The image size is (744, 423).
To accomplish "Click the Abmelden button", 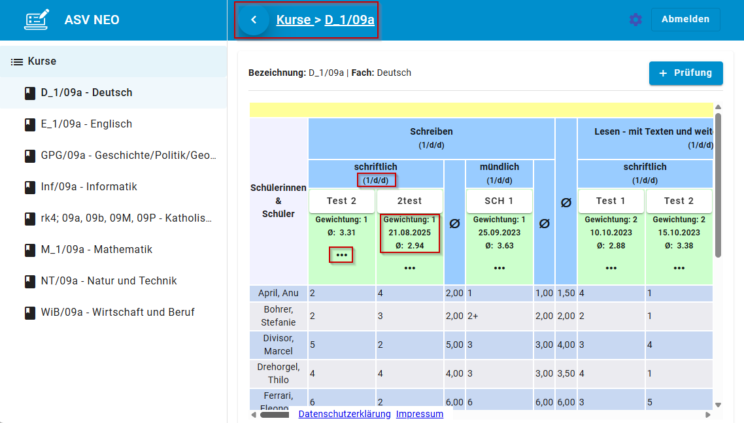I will coord(685,20).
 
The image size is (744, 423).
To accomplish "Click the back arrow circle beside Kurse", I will coord(254,20).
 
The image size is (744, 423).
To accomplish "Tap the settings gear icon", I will coord(635,20).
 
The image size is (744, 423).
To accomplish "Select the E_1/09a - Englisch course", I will coord(86,124).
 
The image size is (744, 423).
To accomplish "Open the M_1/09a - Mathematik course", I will coord(96,250).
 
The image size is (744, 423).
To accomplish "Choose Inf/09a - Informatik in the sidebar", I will coord(89,187).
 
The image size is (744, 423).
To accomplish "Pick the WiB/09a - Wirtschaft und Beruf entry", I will coord(118,313).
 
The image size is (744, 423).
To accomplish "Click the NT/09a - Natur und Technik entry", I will coord(109,281).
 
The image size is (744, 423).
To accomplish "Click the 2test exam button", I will coord(410,201).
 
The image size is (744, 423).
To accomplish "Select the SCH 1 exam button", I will coord(499,201).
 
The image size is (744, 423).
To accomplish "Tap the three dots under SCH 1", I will coord(499,268).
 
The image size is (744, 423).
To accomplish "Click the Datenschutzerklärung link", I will coord(345,414).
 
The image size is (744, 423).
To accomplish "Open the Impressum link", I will coord(420,414).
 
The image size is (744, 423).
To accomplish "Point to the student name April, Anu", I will coord(278,294).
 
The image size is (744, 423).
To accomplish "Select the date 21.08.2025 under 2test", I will coord(410,233).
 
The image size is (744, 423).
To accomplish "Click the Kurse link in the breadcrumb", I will coord(294,20).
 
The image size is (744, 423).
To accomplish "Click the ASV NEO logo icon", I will coord(37,20).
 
